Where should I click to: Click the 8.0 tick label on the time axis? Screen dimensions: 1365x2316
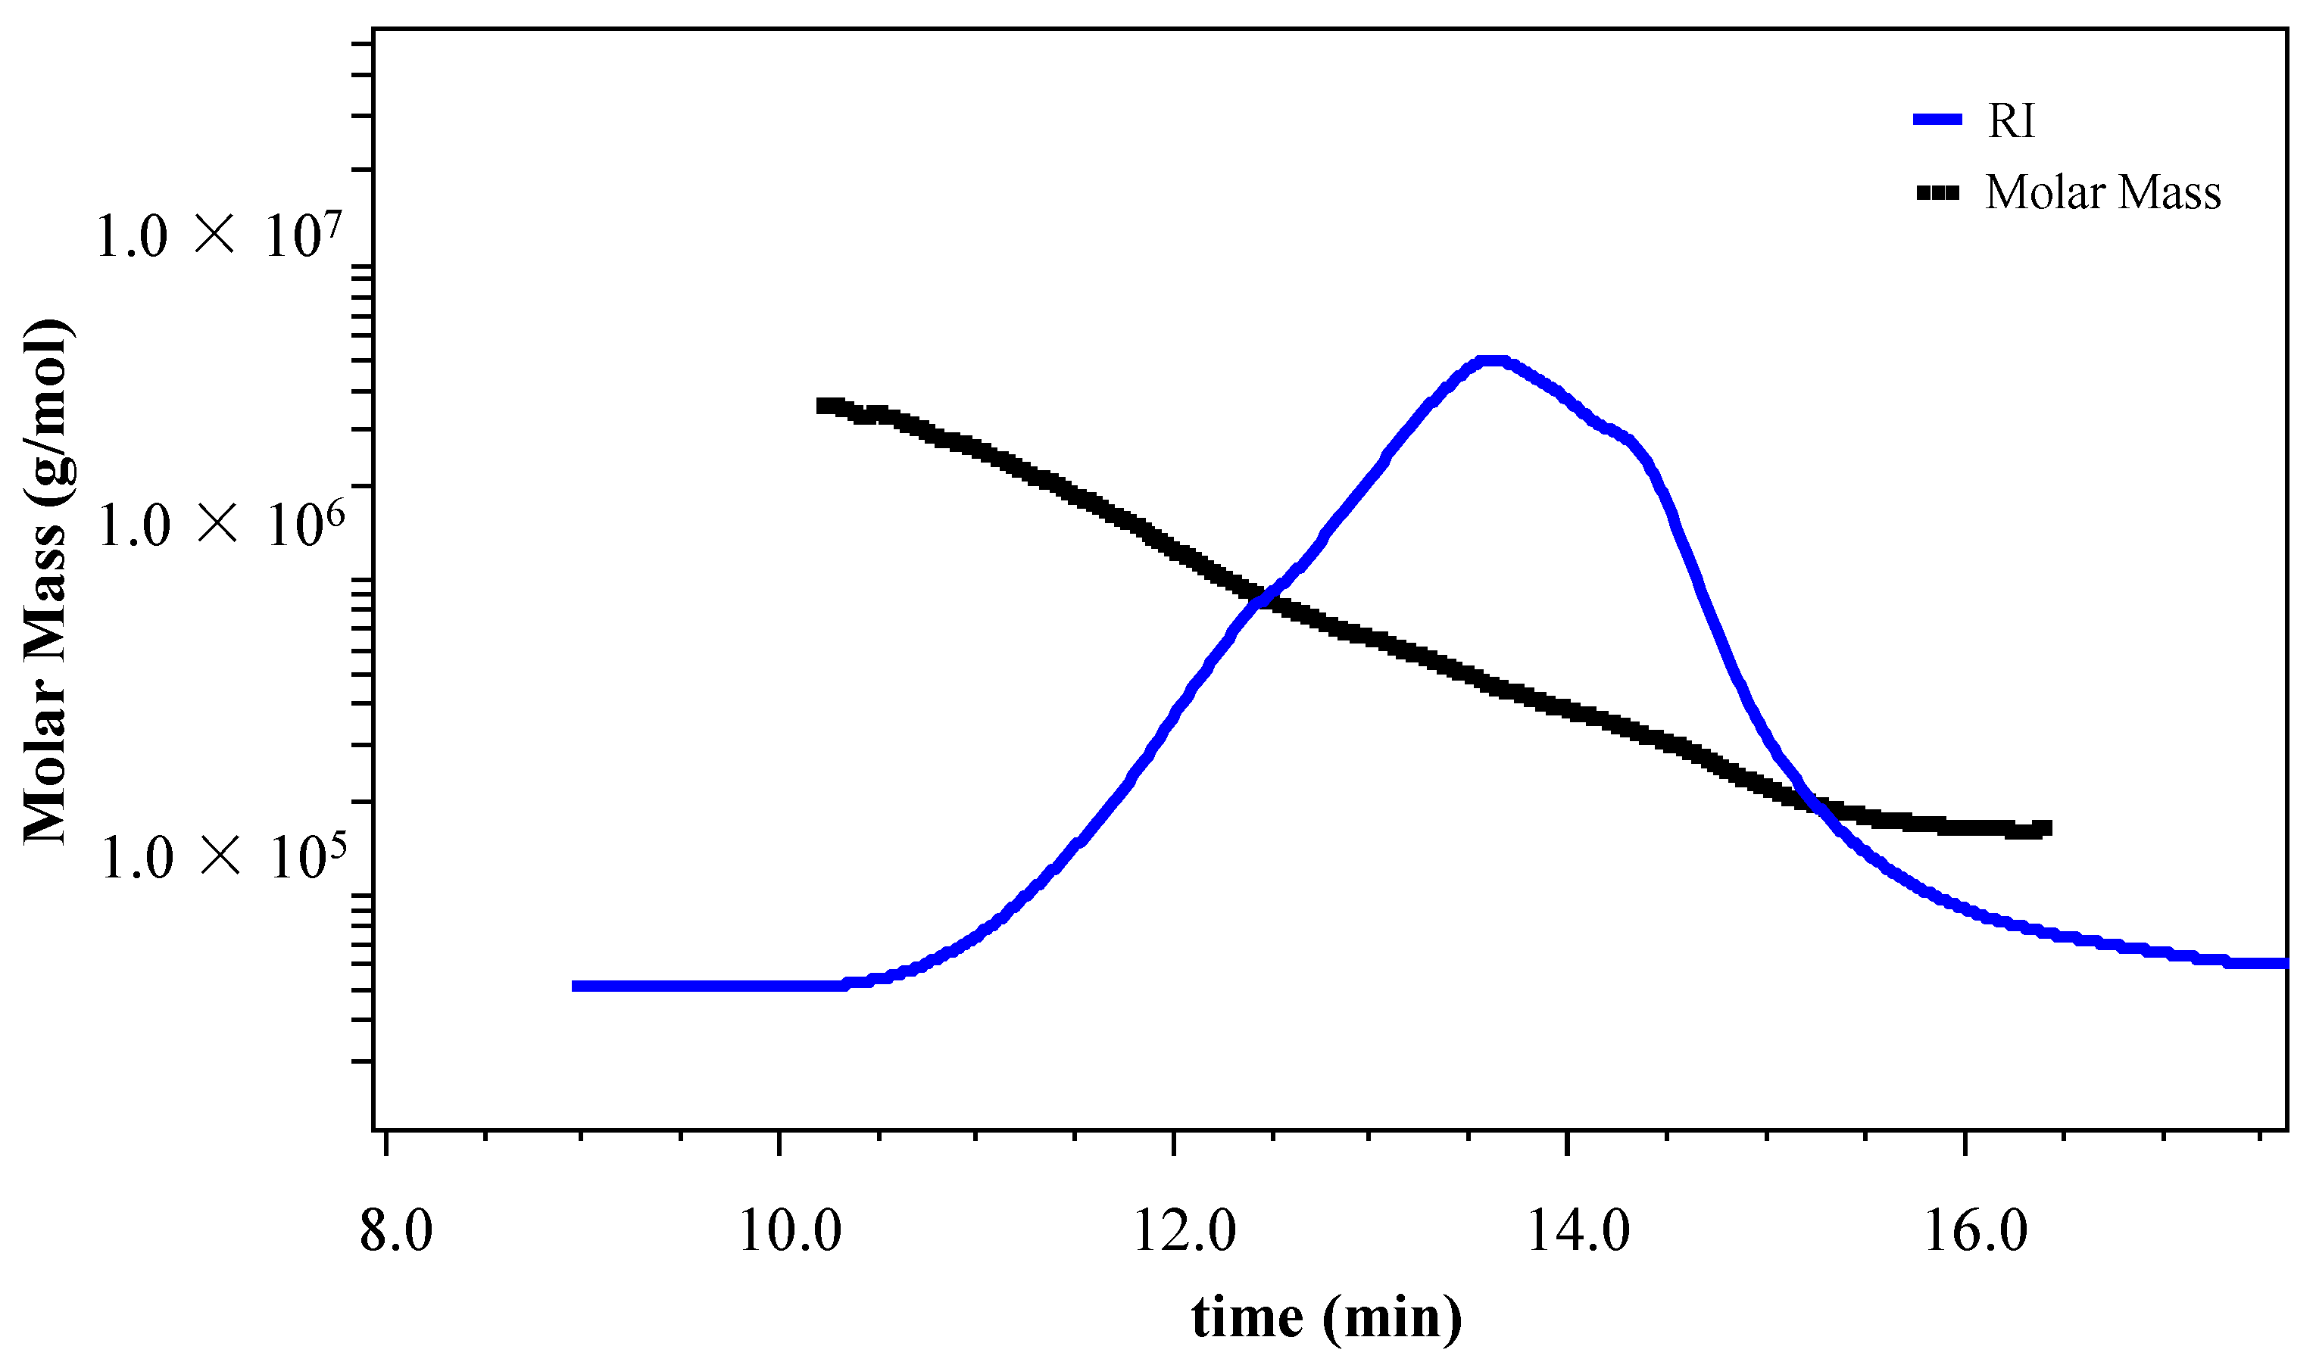[x=397, y=1232]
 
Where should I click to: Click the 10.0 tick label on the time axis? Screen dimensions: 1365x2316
[x=791, y=1232]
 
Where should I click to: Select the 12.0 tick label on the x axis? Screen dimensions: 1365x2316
[x=1185, y=1232]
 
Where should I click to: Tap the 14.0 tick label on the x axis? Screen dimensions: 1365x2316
[x=1579, y=1232]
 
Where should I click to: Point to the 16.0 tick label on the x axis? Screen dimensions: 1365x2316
[x=1975, y=1232]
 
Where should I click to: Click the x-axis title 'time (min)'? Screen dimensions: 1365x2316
[x=1326, y=1318]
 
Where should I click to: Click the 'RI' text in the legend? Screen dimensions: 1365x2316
[x=2012, y=120]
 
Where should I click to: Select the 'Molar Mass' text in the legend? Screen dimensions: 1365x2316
[x=2102, y=193]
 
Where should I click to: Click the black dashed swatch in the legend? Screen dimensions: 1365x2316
[x=1938, y=193]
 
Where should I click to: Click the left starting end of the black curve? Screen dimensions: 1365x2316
[x=821, y=406]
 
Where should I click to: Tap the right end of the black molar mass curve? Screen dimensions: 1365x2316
[x=2048, y=827]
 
